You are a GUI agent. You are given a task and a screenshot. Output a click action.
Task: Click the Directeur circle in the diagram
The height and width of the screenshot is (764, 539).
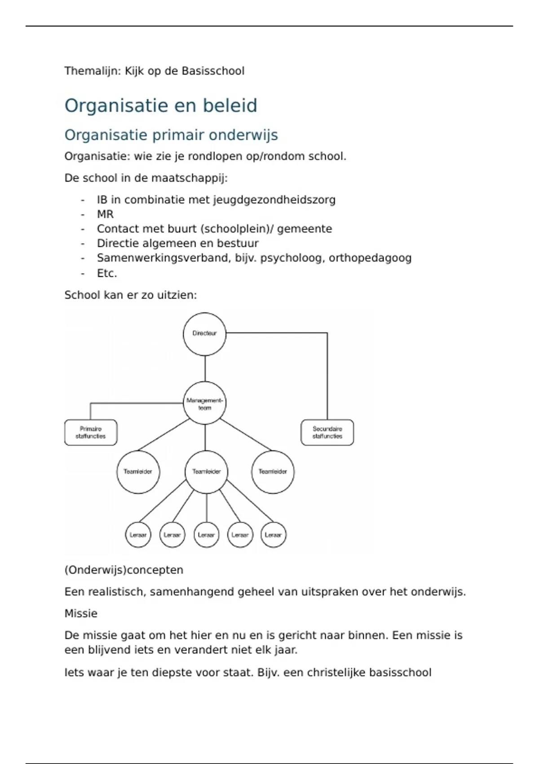[204, 334]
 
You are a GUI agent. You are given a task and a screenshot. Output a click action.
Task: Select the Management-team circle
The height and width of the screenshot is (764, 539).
[205, 403]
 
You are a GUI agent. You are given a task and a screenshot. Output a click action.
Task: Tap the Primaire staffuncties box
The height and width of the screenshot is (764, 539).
[91, 432]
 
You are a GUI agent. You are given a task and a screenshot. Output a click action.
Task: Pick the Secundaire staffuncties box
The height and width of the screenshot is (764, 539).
[327, 432]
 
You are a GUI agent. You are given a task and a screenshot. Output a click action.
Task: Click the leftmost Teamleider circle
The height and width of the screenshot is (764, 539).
[138, 472]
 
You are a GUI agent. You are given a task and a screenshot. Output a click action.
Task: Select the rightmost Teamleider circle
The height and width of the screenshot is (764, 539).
[273, 472]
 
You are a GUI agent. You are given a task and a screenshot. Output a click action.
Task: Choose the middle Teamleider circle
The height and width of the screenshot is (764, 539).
[207, 472]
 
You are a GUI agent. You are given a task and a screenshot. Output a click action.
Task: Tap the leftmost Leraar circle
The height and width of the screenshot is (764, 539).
[138, 535]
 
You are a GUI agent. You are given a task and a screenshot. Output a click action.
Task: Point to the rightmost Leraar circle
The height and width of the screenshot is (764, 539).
[273, 535]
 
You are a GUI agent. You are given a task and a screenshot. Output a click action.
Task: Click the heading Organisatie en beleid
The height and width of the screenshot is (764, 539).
[161, 106]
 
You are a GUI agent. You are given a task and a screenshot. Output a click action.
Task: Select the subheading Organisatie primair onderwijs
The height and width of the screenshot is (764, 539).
[171, 135]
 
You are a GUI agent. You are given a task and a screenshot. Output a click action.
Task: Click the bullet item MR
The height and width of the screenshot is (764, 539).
[105, 214]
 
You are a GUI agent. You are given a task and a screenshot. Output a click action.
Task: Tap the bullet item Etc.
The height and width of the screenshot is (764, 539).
[107, 273]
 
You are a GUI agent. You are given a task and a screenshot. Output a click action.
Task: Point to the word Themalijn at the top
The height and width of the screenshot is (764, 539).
[93, 71]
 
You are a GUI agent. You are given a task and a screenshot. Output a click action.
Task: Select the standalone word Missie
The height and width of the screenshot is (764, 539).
[81, 613]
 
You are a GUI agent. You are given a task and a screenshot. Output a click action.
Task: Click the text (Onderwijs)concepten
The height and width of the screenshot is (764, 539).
[124, 570]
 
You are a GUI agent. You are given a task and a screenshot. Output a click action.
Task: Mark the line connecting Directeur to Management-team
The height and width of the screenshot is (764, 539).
[205, 369]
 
